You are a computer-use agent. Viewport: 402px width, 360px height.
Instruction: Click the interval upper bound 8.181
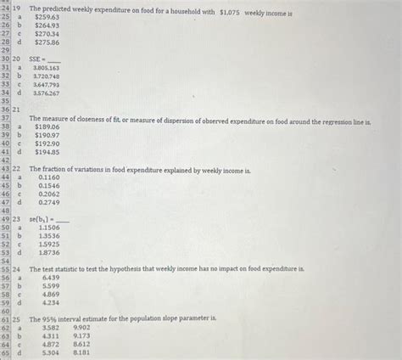(x=82, y=352)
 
